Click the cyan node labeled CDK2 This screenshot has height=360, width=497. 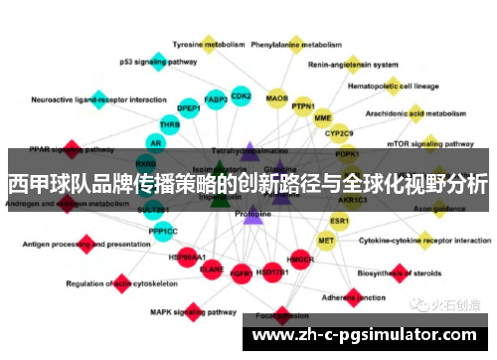point(241,95)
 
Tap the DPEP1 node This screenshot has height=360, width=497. point(189,107)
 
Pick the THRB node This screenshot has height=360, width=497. point(170,125)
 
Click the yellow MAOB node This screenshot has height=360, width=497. point(277,98)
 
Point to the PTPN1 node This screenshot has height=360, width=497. point(303,106)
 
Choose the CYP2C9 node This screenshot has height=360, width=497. point(340,132)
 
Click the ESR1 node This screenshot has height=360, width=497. point(340,220)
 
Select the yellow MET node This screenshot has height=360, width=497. point(326,240)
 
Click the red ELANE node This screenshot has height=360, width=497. point(212,268)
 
